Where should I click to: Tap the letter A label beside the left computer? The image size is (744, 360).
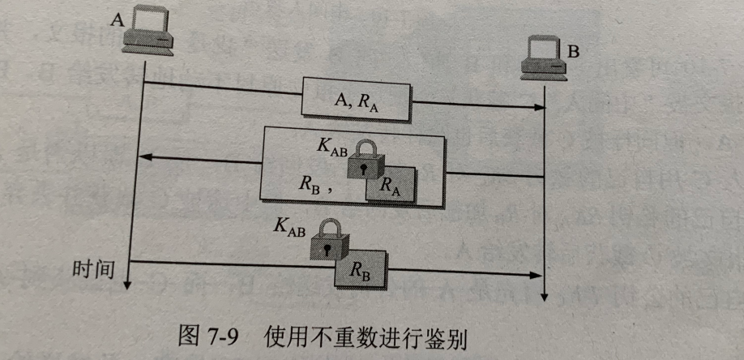[x=116, y=20]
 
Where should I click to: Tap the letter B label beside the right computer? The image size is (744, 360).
[x=573, y=53]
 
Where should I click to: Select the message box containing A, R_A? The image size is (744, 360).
[x=357, y=99]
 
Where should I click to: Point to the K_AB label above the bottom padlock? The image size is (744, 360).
[x=290, y=228]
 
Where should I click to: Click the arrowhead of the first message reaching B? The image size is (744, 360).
[x=539, y=107]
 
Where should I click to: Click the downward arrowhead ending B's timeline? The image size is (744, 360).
[x=545, y=295]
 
